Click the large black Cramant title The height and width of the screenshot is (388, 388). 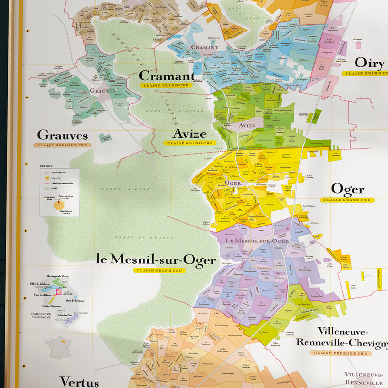(166, 76)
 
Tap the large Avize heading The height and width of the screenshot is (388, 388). (190, 134)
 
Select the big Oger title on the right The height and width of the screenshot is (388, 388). (347, 189)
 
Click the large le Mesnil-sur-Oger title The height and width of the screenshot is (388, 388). (156, 260)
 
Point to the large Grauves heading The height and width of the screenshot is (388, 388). (63, 135)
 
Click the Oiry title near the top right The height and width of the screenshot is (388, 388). (370, 63)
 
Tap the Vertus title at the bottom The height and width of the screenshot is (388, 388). (79, 381)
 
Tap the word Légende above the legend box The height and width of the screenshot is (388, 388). (47, 166)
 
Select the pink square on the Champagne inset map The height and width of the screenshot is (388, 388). (59, 291)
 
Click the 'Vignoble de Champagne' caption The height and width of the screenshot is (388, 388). (41, 317)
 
